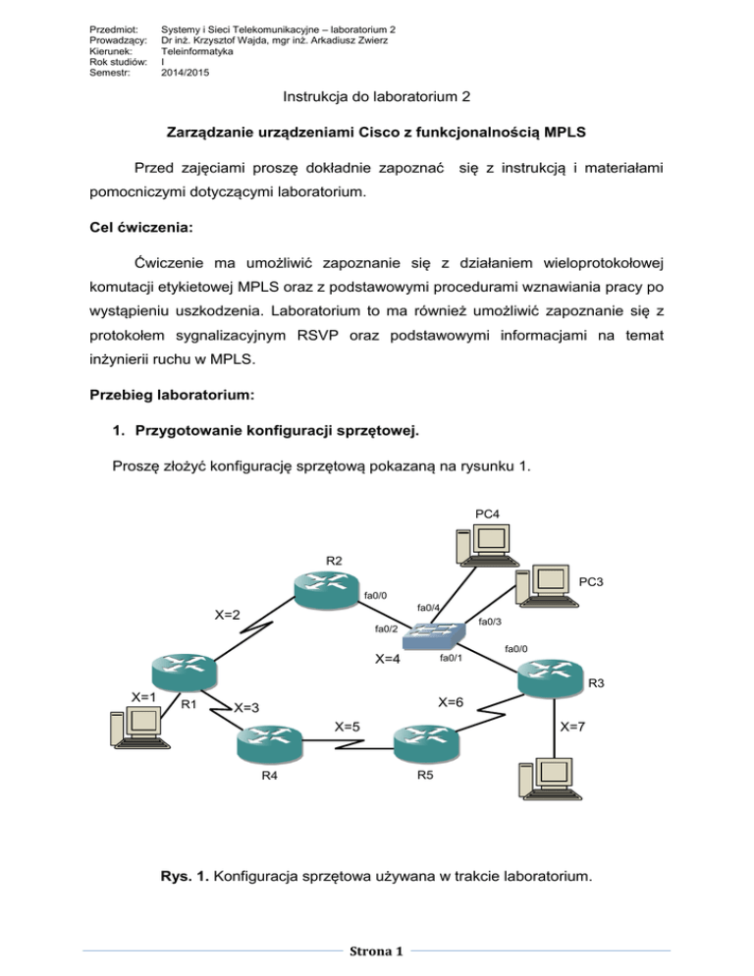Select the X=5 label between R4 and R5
[x=347, y=727]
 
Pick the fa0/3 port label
[x=490, y=622]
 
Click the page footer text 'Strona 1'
[x=377, y=951]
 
